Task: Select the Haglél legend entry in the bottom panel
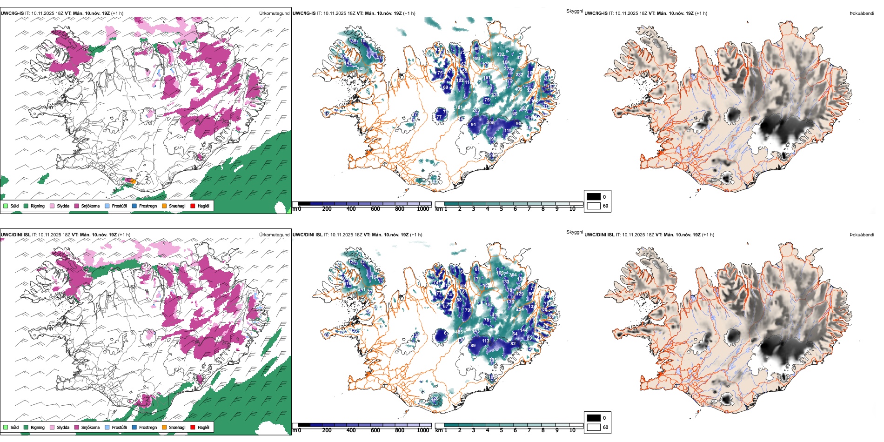click(203, 427)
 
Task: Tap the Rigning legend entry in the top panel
click(38, 206)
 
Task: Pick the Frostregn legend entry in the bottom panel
click(148, 427)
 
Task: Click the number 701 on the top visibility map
click(459, 107)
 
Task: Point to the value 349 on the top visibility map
click(361, 69)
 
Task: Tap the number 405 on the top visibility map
click(518, 89)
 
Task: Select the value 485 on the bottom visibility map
click(459, 332)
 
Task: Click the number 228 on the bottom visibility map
click(435, 398)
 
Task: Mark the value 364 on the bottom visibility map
click(513, 275)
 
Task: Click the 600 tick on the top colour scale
click(375, 209)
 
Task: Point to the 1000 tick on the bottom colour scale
click(423, 430)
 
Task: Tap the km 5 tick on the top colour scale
click(502, 209)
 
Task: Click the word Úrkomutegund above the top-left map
click(274, 13)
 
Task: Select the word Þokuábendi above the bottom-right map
click(862, 235)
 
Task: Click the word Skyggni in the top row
click(574, 11)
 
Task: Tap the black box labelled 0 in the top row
click(594, 197)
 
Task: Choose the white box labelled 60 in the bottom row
click(594, 427)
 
